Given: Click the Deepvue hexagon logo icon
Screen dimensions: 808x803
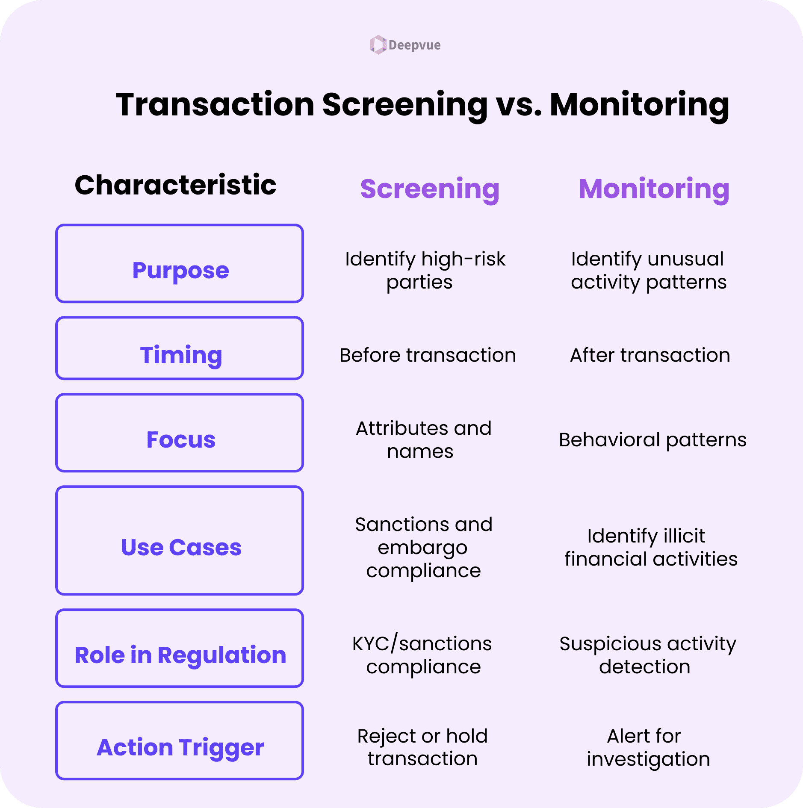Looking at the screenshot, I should [x=378, y=44].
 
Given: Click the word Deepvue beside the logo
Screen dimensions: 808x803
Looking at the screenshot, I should [x=414, y=45].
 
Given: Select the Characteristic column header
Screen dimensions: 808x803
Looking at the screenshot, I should [x=175, y=185].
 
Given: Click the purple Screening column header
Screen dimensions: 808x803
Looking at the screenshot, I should [x=430, y=189].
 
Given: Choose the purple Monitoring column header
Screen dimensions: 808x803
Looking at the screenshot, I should [x=654, y=189].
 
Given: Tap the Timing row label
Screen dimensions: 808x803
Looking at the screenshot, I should [x=181, y=355].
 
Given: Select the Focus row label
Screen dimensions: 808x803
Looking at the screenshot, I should [x=180, y=439].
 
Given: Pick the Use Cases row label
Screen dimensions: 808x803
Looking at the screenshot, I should [x=181, y=547].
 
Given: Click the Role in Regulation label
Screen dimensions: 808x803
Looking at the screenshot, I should [x=180, y=655].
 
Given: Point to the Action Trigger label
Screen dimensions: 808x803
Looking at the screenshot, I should [x=180, y=747].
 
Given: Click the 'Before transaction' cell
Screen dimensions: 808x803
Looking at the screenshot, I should [x=428, y=355].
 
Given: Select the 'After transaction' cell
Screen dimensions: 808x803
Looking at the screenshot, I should [x=650, y=355].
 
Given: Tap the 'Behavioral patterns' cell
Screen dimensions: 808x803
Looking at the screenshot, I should [x=652, y=440].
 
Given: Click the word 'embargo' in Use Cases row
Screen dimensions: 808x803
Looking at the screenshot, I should [x=422, y=548].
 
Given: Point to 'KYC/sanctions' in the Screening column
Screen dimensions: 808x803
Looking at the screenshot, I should [x=422, y=644].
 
